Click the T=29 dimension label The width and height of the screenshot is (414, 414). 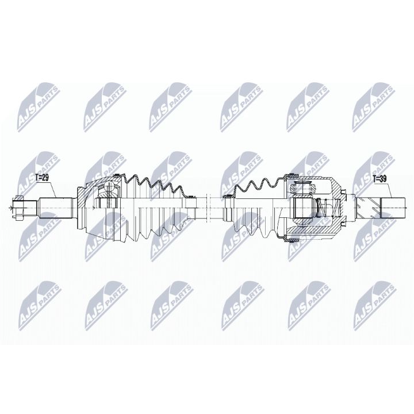[x=43, y=179]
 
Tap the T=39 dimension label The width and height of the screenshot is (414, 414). [x=380, y=179]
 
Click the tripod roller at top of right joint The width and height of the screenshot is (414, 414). [x=302, y=187]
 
